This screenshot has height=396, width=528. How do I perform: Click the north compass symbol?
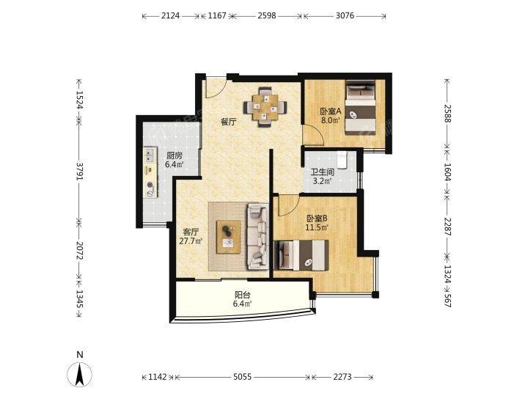tap(80, 375)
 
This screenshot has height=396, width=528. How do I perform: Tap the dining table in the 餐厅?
tap(265, 107)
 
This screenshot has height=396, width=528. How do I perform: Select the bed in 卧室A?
tap(361, 108)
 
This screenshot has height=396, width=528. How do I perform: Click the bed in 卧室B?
tap(301, 255)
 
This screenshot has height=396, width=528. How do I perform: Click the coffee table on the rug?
tap(229, 237)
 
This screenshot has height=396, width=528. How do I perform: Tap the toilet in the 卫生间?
tap(342, 159)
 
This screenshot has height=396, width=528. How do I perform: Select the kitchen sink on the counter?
tap(150, 155)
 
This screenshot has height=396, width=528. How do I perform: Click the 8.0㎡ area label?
tap(330, 120)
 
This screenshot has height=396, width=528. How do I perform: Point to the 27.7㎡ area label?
tap(191, 241)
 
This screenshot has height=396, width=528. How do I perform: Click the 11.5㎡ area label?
tap(317, 227)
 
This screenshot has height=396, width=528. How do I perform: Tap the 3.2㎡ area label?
tap(322, 181)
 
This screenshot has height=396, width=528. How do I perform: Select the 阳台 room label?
tap(243, 295)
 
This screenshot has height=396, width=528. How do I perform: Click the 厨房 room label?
tap(175, 156)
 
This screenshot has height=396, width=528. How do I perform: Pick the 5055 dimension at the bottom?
tap(243, 377)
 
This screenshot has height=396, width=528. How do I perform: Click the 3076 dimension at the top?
tap(345, 15)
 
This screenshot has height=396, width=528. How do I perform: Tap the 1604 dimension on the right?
tap(447, 172)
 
